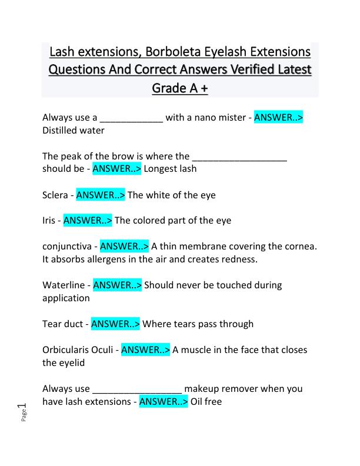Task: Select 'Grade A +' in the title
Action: pyautogui.click(x=180, y=88)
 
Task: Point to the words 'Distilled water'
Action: pyautogui.click(x=74, y=130)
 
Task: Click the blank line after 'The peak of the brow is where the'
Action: pyautogui.click(x=239, y=157)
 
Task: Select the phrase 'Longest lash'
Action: pyautogui.click(x=170, y=169)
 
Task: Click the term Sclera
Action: pyautogui.click(x=56, y=195)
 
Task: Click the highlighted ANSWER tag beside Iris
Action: pyautogui.click(x=88, y=221)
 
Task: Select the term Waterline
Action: pyautogui.click(x=64, y=285)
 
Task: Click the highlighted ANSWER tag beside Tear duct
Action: pyautogui.click(x=115, y=324)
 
